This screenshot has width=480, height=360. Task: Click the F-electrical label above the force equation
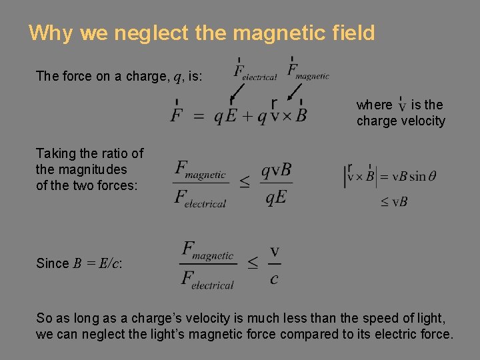coord(255,71)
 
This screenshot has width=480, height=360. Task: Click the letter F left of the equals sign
coord(177,115)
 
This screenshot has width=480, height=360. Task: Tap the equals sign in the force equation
coord(199,116)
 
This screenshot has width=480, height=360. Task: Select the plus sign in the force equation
coord(247,116)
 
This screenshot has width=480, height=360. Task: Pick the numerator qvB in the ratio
coord(276,170)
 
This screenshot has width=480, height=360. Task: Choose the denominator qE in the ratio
coord(276,198)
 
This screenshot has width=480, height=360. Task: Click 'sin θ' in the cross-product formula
coord(423,177)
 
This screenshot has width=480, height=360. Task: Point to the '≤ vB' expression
coord(394,201)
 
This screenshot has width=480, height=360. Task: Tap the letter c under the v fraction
coord(274,279)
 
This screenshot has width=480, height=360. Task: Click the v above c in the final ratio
coord(274,251)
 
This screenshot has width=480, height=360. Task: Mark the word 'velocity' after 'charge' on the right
coord(419,121)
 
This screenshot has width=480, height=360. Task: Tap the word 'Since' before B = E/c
coord(53,263)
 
